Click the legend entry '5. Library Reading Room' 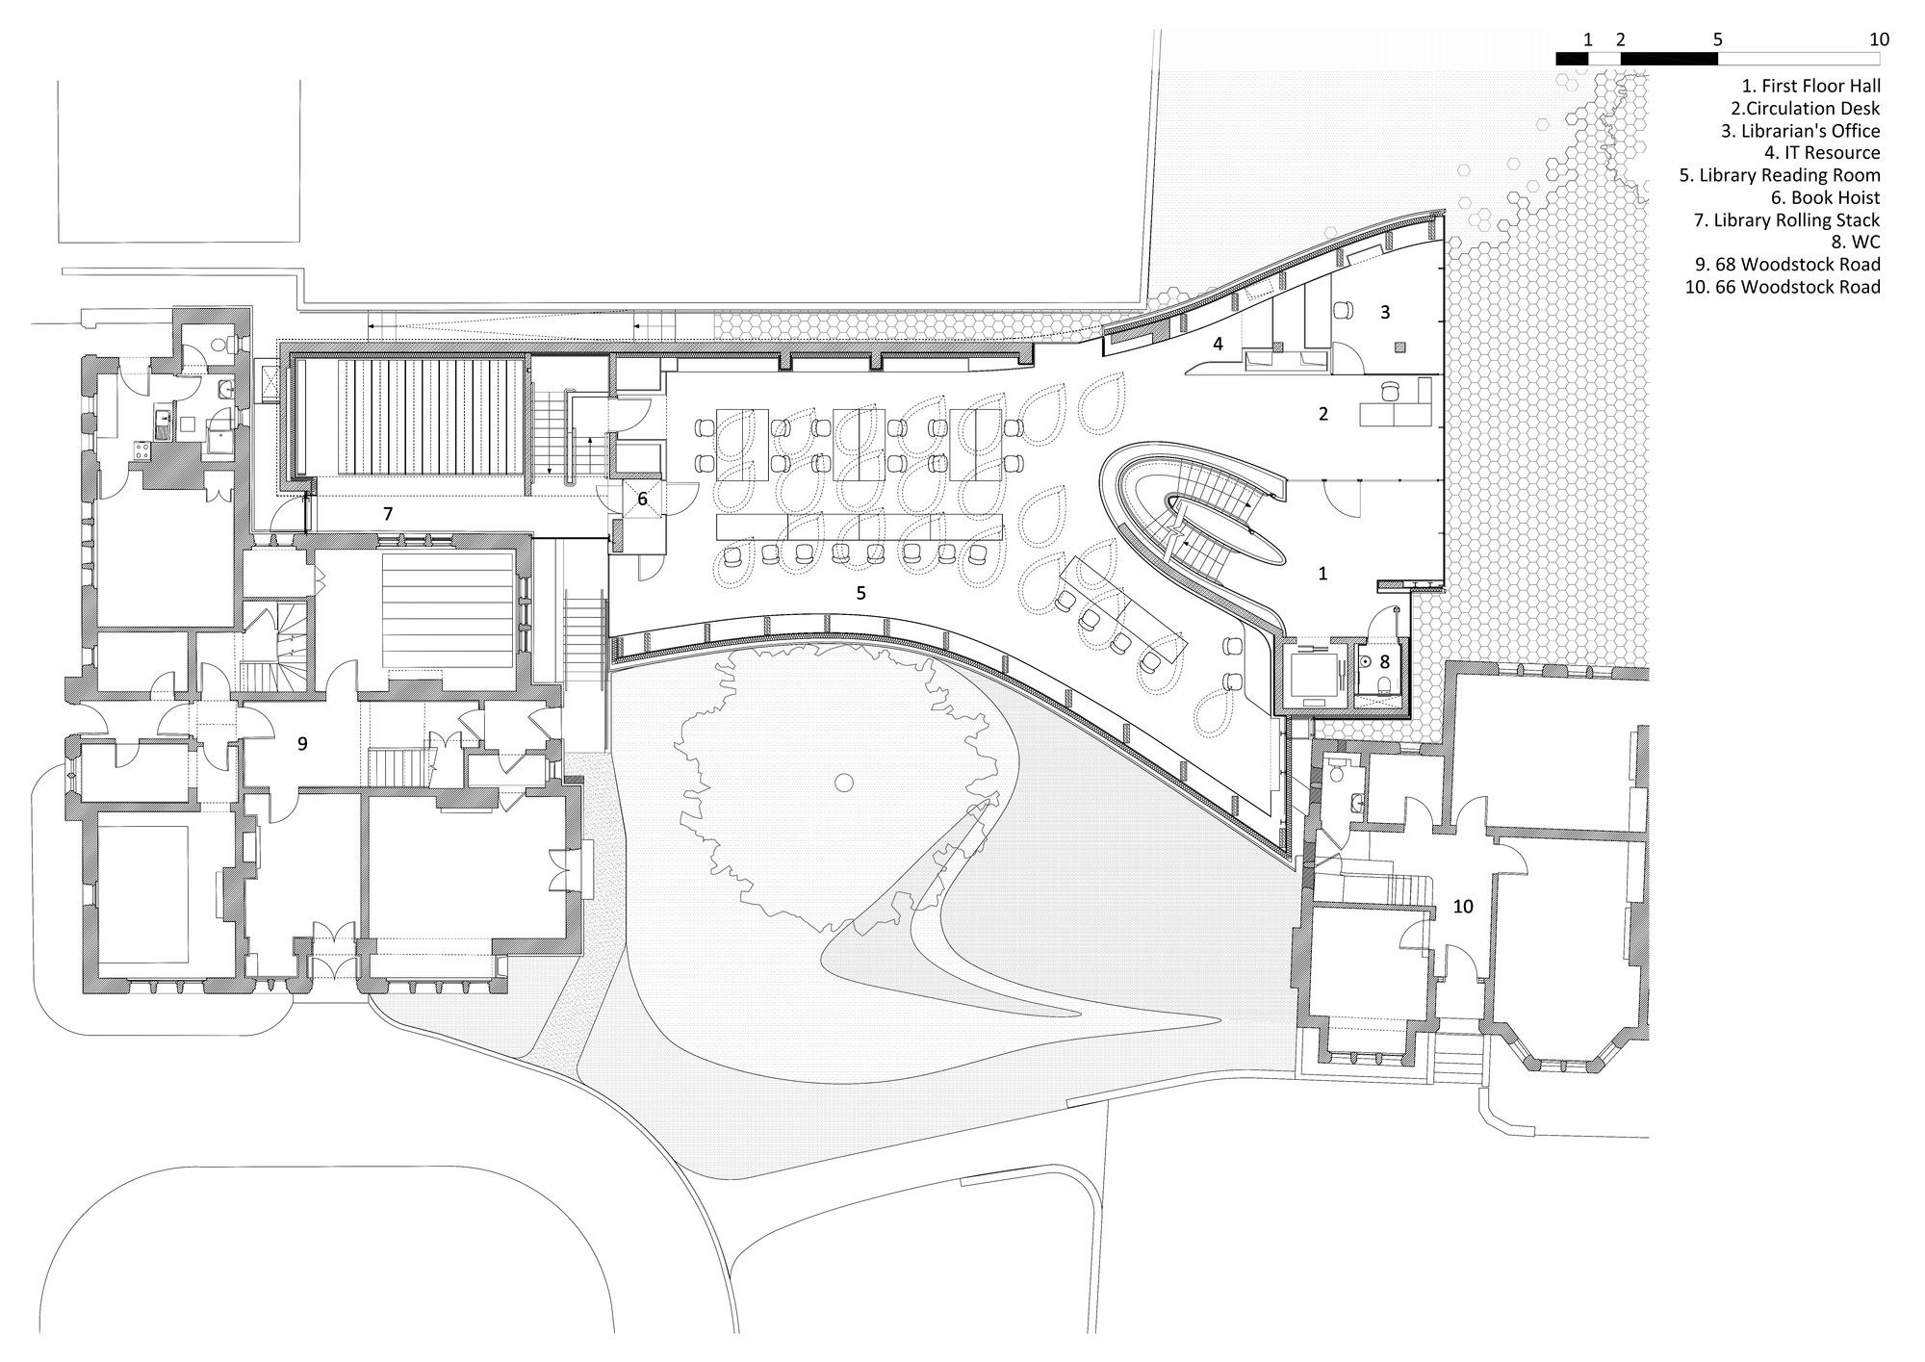1780,175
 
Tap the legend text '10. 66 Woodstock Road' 1782,287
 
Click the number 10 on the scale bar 1879,39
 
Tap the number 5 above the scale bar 1718,39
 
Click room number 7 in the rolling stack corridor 388,514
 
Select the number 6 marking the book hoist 642,500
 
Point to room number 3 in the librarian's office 1385,312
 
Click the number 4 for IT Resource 1218,343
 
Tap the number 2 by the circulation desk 1323,414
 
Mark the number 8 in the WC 1385,661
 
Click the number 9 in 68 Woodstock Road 302,743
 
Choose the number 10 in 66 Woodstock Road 1463,906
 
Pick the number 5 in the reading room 861,593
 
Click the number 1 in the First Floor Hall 1322,574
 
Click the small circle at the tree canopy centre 844,783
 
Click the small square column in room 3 1400,347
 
